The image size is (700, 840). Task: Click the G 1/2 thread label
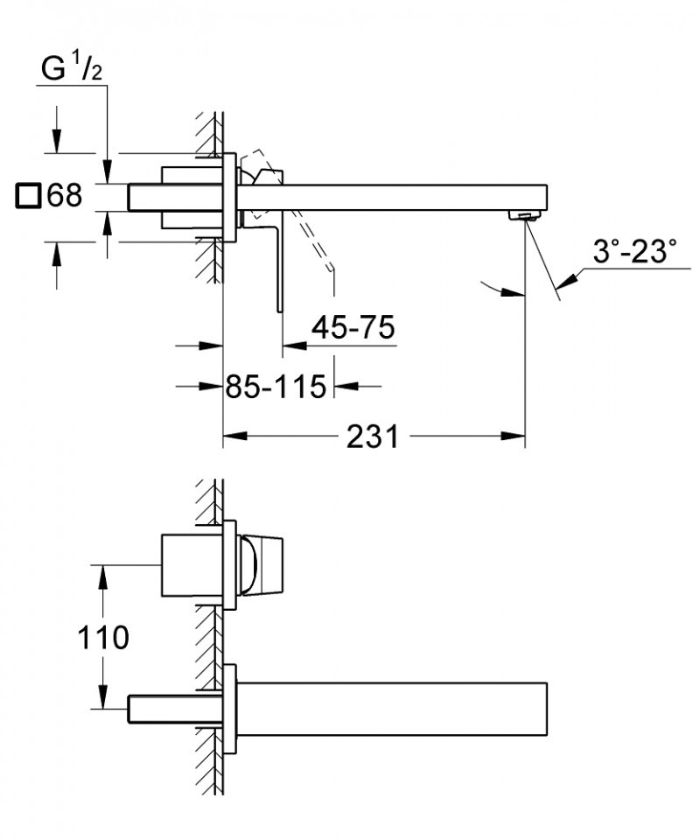click(x=73, y=69)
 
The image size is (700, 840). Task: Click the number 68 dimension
click(x=65, y=195)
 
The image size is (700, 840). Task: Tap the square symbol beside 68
click(x=28, y=196)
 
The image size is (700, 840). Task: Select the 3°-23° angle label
click(x=634, y=253)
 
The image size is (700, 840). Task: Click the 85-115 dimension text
click(x=276, y=385)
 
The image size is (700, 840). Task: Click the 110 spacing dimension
click(x=101, y=637)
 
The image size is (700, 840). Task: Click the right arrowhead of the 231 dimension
click(x=515, y=436)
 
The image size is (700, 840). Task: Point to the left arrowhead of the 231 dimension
click(x=234, y=436)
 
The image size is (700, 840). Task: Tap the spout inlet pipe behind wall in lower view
click(x=171, y=708)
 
